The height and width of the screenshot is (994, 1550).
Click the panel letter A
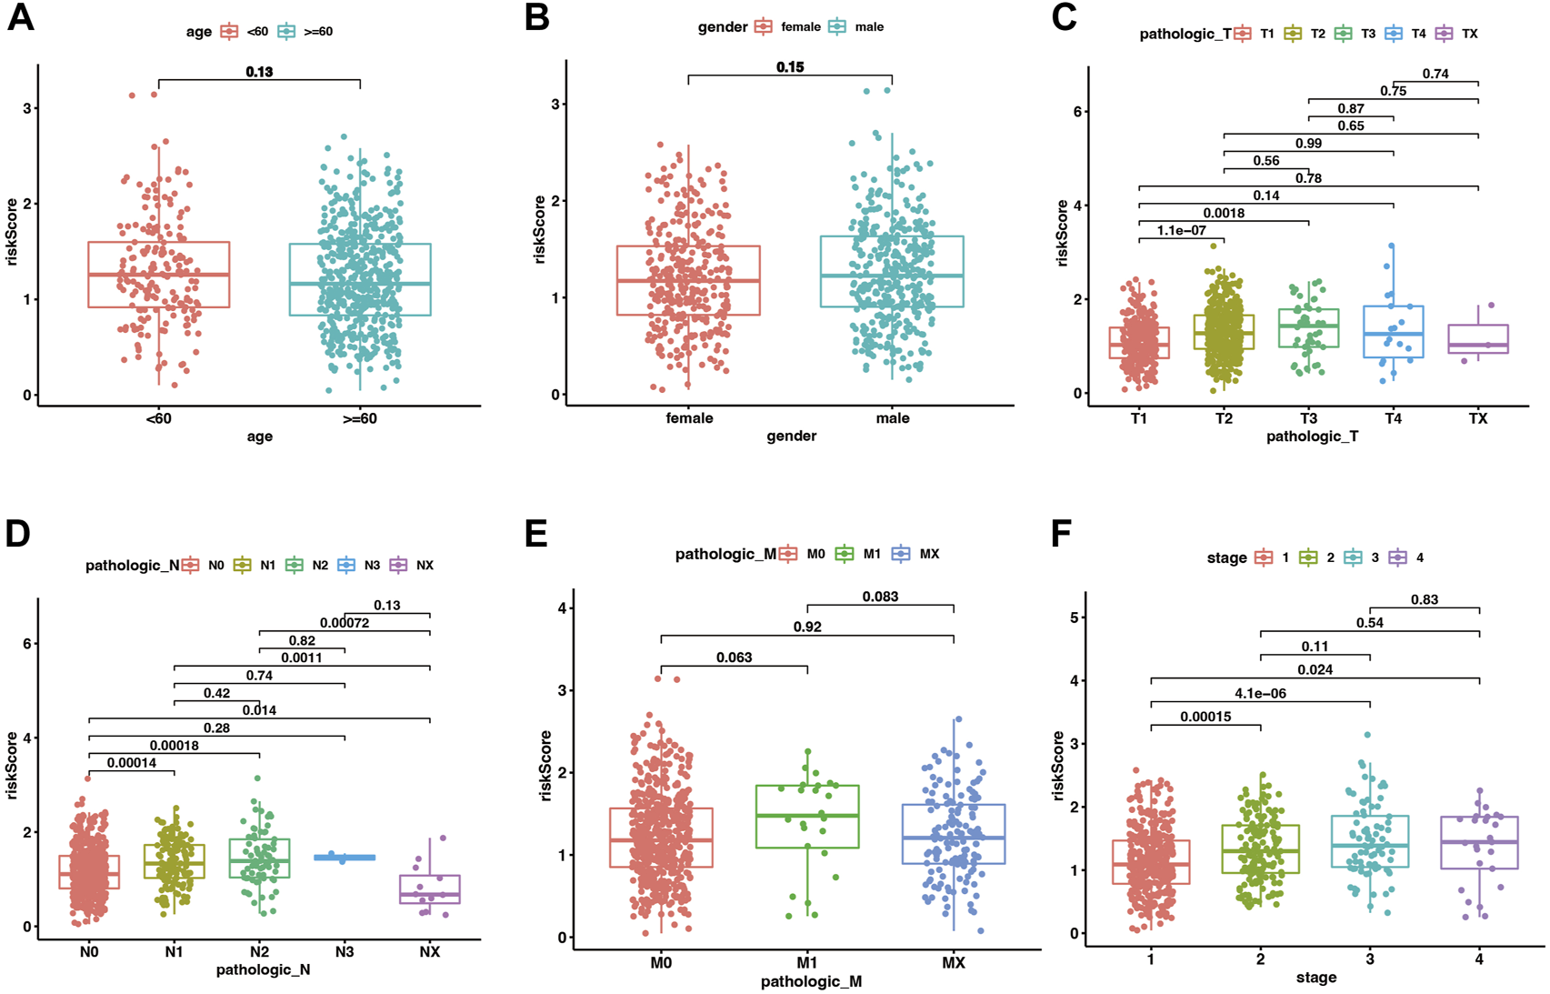point(20,18)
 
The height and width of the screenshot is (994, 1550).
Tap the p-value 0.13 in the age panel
point(259,72)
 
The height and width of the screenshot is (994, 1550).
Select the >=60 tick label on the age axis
point(360,418)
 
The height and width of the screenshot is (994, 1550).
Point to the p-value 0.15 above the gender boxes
point(790,67)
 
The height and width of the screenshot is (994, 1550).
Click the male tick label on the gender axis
point(892,418)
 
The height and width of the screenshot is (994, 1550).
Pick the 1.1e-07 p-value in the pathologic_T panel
point(1181,231)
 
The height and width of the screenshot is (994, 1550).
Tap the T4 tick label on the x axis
point(1393,418)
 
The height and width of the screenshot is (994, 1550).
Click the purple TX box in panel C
point(1478,338)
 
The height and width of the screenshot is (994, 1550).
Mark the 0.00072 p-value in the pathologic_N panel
point(345,623)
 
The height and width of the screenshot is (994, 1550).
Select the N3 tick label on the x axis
point(345,951)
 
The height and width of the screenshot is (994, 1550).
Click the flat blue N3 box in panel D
point(345,858)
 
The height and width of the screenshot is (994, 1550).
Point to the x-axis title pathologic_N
point(263,969)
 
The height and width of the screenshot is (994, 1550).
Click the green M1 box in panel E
point(807,817)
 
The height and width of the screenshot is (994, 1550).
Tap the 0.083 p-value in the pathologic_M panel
point(880,597)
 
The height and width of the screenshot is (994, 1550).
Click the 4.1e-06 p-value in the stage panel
point(1260,694)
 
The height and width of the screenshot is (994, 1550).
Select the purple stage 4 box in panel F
point(1479,842)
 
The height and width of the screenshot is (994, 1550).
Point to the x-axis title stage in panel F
point(1315,978)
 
